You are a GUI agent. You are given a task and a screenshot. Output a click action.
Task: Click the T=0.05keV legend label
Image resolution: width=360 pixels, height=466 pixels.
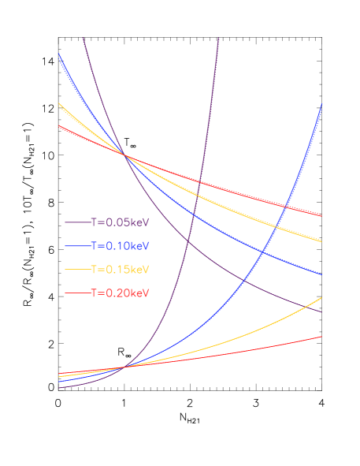pyautogui.click(x=120, y=222)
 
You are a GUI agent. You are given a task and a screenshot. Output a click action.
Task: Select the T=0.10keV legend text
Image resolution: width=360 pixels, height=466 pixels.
pyautogui.click(x=120, y=246)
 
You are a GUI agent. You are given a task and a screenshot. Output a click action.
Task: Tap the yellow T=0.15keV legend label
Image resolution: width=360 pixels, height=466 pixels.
pyautogui.click(x=120, y=269)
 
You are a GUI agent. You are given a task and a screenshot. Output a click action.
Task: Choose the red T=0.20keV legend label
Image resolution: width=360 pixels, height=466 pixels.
pyautogui.click(x=120, y=293)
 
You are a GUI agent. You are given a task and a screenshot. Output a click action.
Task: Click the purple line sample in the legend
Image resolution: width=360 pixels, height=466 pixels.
pyautogui.click(x=77, y=223)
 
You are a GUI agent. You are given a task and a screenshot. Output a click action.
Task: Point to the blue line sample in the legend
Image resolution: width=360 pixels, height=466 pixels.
pyautogui.click(x=77, y=247)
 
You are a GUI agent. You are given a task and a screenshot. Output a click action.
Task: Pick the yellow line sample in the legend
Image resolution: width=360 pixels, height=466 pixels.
pyautogui.click(x=77, y=270)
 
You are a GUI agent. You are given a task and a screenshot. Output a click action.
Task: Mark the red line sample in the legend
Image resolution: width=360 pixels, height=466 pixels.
pyautogui.click(x=77, y=293)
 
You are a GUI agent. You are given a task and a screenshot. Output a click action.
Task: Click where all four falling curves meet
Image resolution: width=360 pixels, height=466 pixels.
pyautogui.click(x=124, y=154)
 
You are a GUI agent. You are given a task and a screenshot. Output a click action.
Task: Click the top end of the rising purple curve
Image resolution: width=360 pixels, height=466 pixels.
pyautogui.click(x=218, y=38)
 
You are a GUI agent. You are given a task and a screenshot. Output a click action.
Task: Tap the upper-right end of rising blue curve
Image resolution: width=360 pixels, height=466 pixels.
pyautogui.click(x=321, y=104)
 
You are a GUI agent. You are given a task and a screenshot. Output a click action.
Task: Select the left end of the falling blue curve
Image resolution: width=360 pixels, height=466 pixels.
pyautogui.click(x=59, y=54)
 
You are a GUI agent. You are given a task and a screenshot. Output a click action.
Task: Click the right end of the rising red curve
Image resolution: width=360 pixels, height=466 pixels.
pyautogui.click(x=321, y=336)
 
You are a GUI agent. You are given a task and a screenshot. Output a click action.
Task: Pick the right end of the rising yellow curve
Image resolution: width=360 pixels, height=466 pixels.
pyautogui.click(x=321, y=298)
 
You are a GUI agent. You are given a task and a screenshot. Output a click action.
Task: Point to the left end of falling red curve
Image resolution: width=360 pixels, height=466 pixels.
pyautogui.click(x=59, y=125)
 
